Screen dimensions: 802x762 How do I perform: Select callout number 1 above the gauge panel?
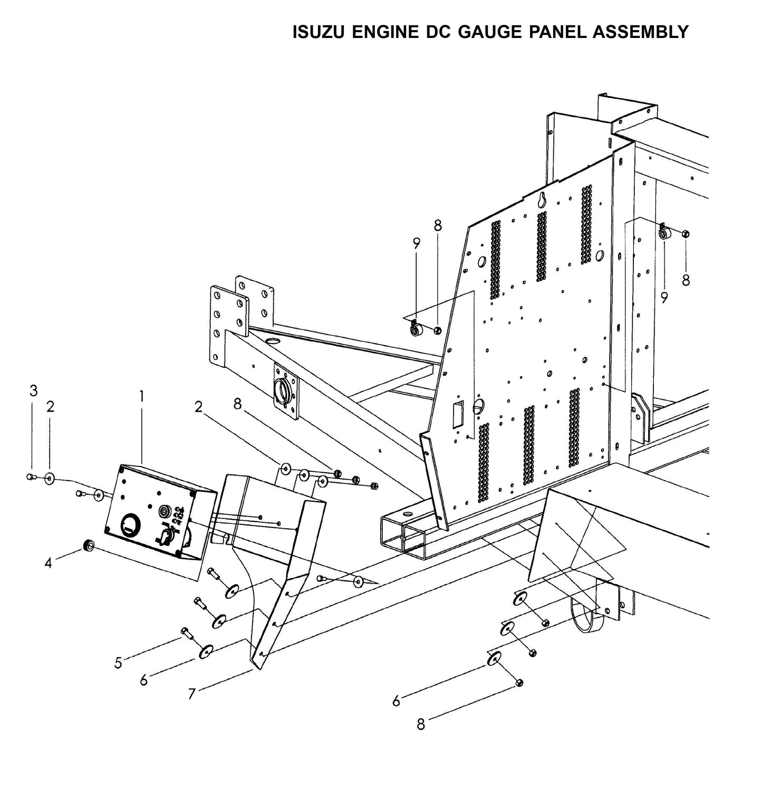[x=141, y=395]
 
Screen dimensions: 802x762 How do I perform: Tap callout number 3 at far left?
[x=33, y=391]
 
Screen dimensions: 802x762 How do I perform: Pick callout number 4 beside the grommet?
[x=49, y=564]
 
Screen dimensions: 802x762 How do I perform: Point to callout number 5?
[x=118, y=662]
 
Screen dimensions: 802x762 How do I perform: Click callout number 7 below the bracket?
[x=192, y=693]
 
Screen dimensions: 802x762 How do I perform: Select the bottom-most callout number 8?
[x=420, y=725]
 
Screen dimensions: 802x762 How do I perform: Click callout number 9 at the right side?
[x=664, y=298]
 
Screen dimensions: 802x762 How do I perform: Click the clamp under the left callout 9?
[x=416, y=329]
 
